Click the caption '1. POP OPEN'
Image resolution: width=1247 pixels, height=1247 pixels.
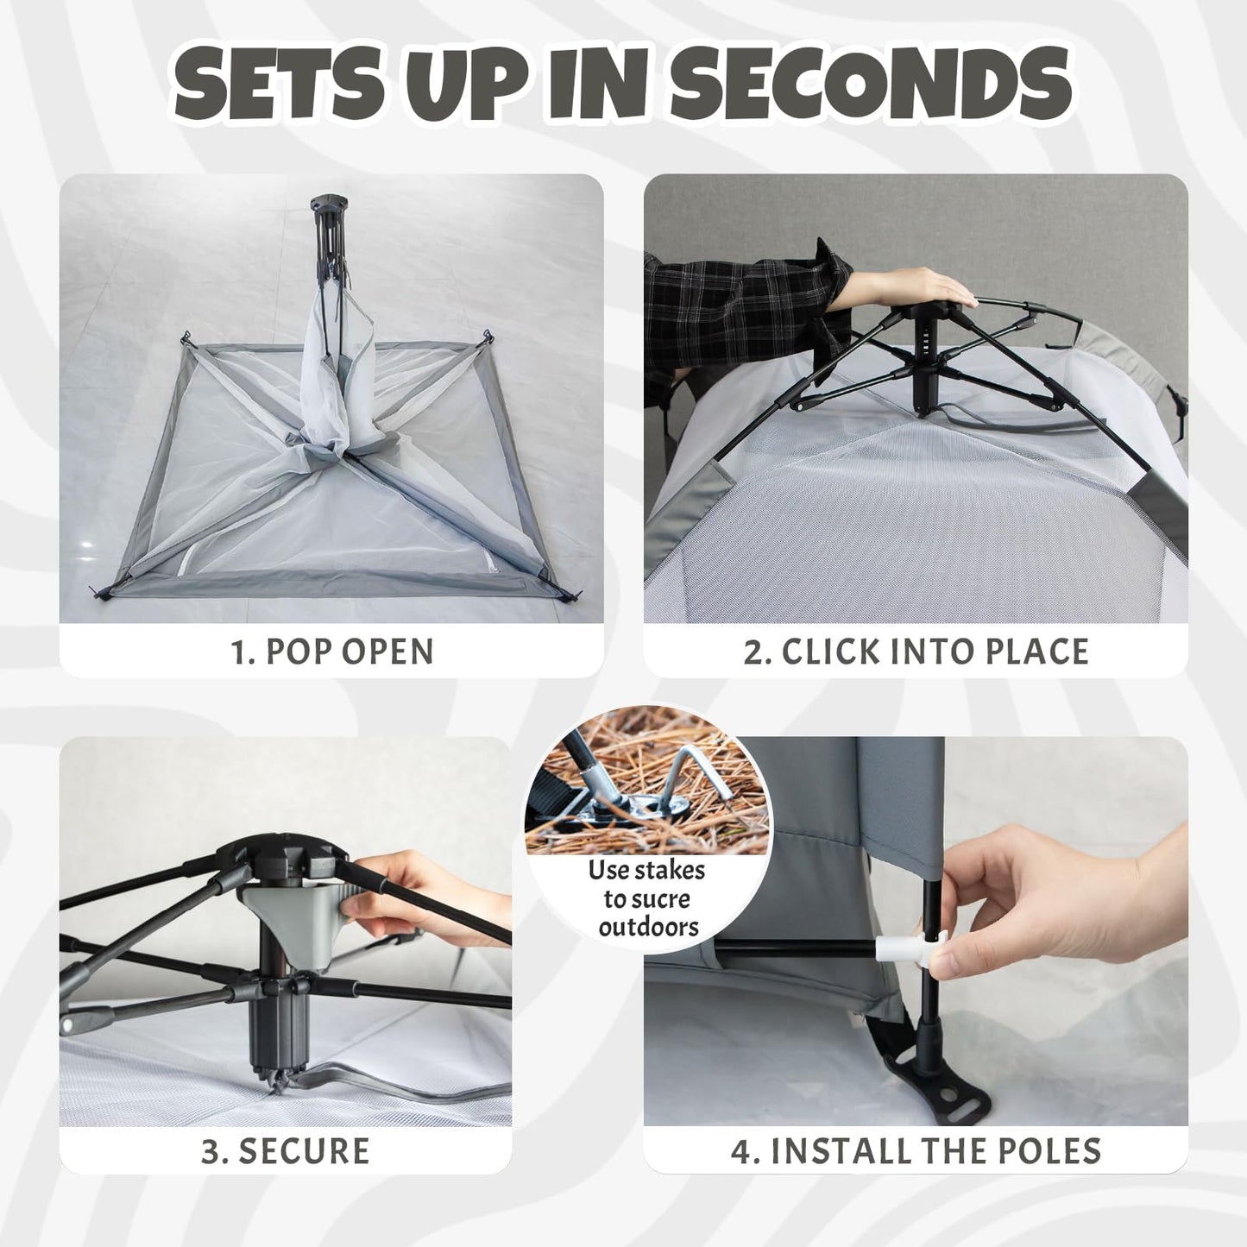click(332, 652)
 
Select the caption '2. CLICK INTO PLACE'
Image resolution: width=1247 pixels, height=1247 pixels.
click(916, 652)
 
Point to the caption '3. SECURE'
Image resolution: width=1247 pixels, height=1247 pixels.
click(286, 1151)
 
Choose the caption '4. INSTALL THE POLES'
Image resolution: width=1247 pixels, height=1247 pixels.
click(916, 1151)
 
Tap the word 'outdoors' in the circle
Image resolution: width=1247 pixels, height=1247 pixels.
click(648, 927)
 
